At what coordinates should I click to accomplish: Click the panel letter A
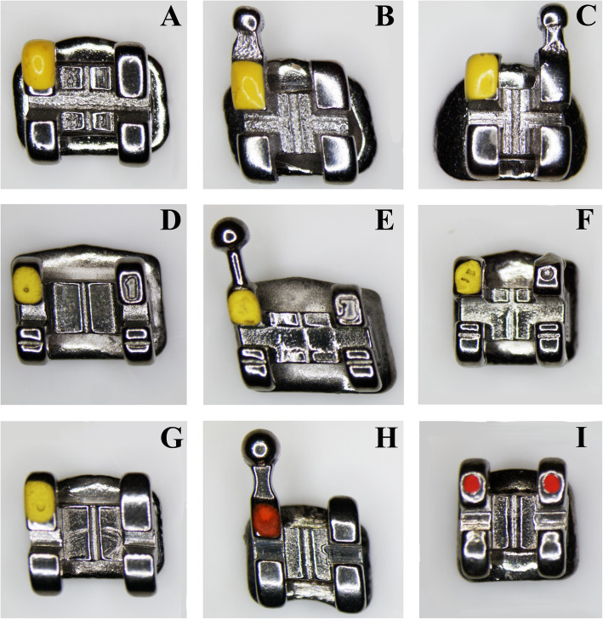coord(171,17)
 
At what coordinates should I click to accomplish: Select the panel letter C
coord(586,17)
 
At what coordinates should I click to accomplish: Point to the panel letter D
coord(171,221)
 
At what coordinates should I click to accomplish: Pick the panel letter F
coord(586,221)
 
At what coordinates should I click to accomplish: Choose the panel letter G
coord(171,437)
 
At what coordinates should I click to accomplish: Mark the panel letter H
coord(386,437)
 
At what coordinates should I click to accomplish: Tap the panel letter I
coord(581,437)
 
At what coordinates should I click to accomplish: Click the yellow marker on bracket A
coord(39,64)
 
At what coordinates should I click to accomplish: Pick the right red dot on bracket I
coord(551,482)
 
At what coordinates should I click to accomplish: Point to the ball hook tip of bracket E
coord(230,235)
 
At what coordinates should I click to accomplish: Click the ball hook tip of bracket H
coord(261,447)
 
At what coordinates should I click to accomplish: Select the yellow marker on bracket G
coord(40,497)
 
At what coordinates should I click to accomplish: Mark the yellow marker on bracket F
coord(467,276)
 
